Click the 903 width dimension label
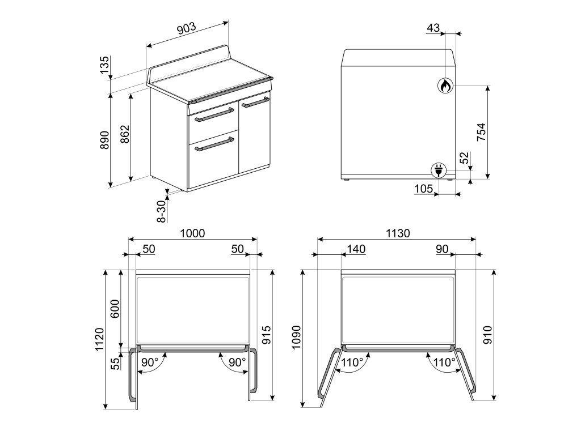coord(186,28)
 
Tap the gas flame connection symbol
coord(445,86)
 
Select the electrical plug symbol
coord(439,170)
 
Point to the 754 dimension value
coord(481,132)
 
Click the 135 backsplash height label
coord(105,65)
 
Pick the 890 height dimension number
coord(105,140)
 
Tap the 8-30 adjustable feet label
coord(162,211)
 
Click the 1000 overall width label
coord(192,233)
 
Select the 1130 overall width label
coord(398,233)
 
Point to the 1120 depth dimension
coord(99,339)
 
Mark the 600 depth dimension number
coord(115,309)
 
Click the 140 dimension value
coord(356,249)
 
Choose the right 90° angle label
coord(237,362)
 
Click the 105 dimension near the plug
coord(423,189)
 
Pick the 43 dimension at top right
coord(433,28)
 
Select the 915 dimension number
coord(267,335)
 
